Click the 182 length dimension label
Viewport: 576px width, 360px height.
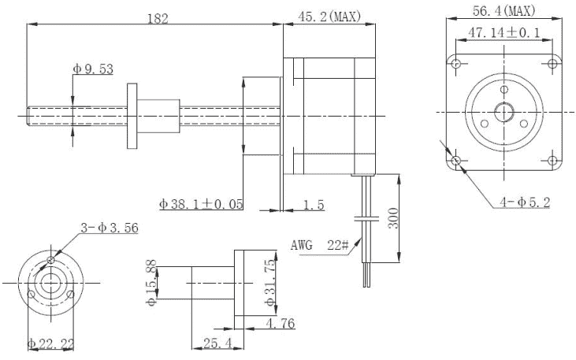point(158,18)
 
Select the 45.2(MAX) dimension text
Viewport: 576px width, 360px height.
point(329,17)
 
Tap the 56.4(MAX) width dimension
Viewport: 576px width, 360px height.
point(504,11)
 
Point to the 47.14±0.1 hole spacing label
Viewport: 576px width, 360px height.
point(504,33)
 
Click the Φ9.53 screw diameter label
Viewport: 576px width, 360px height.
point(93,69)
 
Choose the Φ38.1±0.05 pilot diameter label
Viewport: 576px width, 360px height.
point(201,204)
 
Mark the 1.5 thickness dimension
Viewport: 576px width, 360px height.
point(314,205)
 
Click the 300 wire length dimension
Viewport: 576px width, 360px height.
point(393,218)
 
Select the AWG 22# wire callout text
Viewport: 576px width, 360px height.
point(320,245)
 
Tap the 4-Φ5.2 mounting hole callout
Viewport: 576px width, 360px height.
point(525,202)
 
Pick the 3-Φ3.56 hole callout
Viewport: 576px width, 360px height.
point(110,228)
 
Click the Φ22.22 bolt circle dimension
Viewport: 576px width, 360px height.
point(51,343)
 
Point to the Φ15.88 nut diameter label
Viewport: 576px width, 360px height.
point(151,283)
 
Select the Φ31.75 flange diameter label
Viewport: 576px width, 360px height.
point(270,283)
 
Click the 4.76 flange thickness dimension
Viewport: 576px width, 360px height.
point(281,323)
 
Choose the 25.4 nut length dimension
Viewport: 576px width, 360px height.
point(217,343)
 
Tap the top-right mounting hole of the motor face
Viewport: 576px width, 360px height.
point(552,64)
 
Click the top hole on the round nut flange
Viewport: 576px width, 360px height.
point(51,260)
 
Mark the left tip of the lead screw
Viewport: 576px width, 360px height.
point(27,116)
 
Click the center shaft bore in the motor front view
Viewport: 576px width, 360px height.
point(504,112)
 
